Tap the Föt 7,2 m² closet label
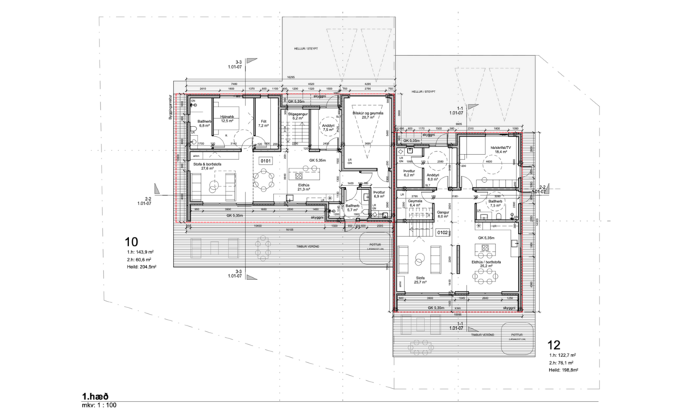click(x=264, y=123)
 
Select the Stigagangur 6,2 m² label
click(x=298, y=114)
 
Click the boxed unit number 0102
click(x=443, y=233)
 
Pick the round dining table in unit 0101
click(x=264, y=178)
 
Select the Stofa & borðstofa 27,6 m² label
click(x=210, y=166)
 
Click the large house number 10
click(x=133, y=241)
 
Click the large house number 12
click(x=555, y=344)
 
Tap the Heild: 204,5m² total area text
click(x=141, y=266)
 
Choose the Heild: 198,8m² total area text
click(x=564, y=369)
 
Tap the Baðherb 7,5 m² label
click(x=495, y=203)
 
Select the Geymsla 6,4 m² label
click(x=414, y=203)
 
